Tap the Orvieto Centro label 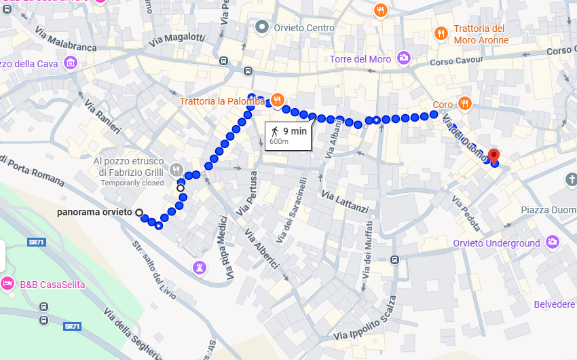(304, 28)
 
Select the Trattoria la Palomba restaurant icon (277, 101)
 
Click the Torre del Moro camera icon (404, 58)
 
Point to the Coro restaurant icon (464, 104)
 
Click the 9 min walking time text (295, 130)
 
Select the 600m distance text (279, 142)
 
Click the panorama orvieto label (94, 213)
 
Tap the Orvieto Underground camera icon (553, 242)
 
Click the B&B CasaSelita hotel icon (8, 284)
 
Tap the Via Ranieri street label (103, 116)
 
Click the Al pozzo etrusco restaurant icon (176, 168)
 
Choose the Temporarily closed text (132, 183)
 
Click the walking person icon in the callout (274, 130)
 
